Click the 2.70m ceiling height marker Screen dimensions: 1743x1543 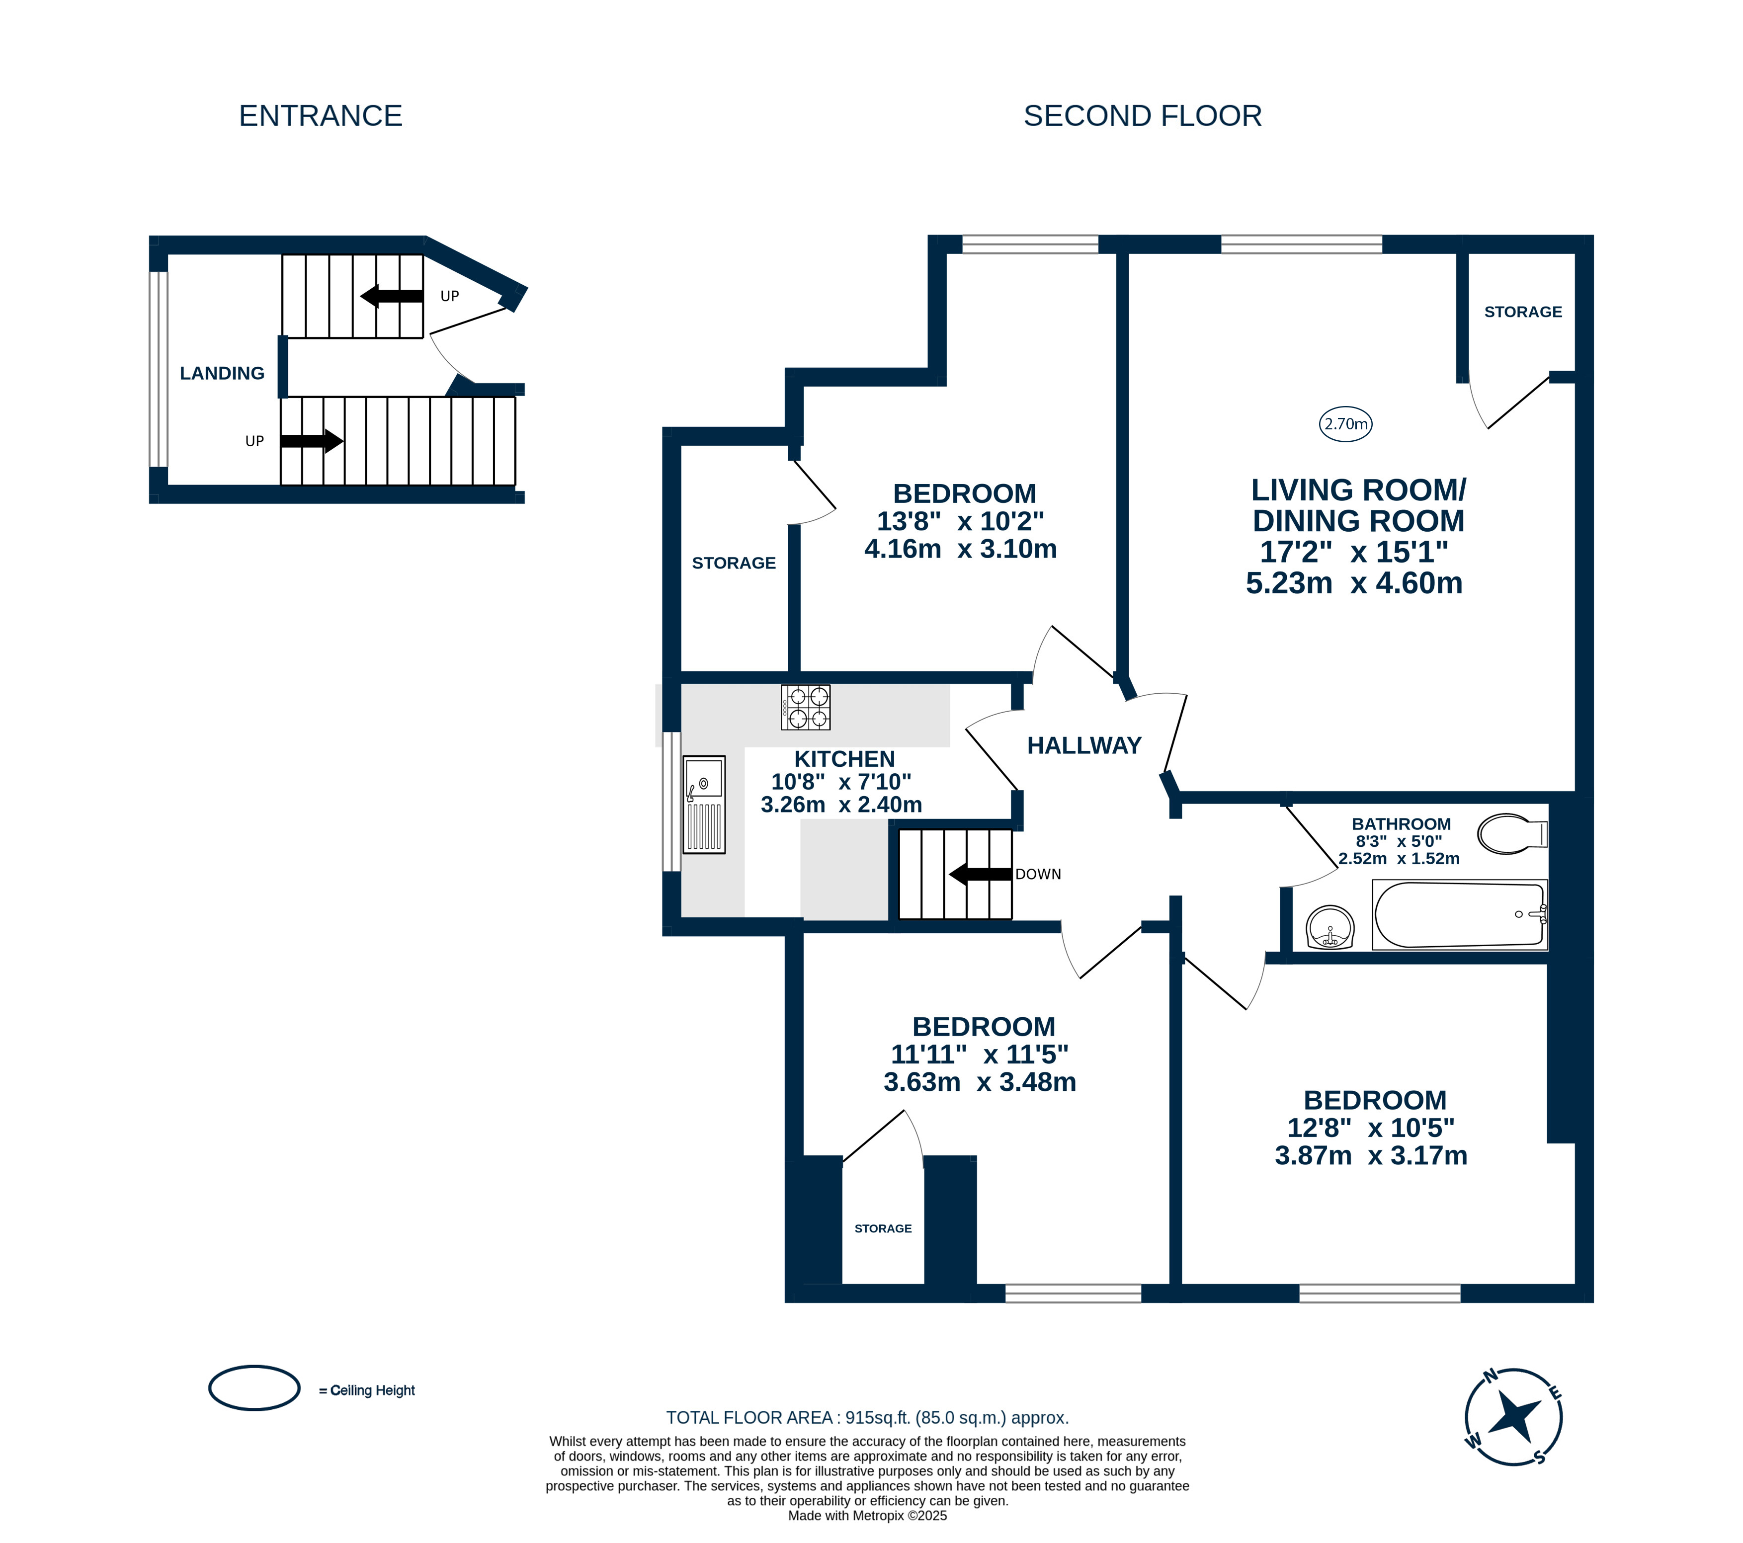click(x=1345, y=424)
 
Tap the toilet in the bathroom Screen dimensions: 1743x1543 click(x=1512, y=833)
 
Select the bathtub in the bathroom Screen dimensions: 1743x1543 click(x=1460, y=915)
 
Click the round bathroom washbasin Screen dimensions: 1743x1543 click(x=1330, y=927)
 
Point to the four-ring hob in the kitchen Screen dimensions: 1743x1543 click(x=806, y=708)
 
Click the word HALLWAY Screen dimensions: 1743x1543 click(x=1084, y=746)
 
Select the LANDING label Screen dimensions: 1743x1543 click(x=222, y=373)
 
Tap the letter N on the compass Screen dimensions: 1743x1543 click(x=1491, y=1375)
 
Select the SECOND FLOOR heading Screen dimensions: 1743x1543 click(x=1143, y=116)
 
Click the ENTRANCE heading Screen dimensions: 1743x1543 click(x=321, y=116)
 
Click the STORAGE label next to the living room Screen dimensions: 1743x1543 click(x=1523, y=312)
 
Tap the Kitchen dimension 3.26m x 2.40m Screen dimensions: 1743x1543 click(x=841, y=805)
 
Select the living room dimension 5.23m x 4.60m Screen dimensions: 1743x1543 click(x=1354, y=583)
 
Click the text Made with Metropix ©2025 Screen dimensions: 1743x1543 click(x=867, y=1516)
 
